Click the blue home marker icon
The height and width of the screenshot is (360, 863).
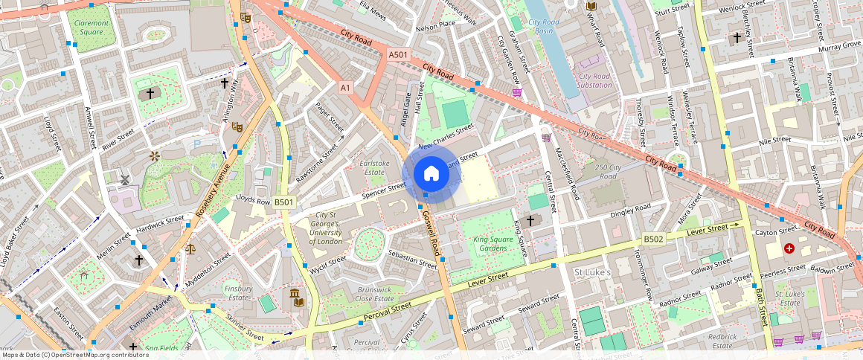click(x=431, y=174)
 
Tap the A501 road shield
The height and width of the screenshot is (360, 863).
click(x=399, y=54)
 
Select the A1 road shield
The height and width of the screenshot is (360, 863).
click(x=344, y=88)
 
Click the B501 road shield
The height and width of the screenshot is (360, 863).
click(x=284, y=202)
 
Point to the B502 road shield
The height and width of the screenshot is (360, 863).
click(x=653, y=239)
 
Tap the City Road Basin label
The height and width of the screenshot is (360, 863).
click(x=545, y=27)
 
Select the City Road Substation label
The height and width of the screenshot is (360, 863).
click(x=595, y=80)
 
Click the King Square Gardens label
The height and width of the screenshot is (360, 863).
click(x=493, y=245)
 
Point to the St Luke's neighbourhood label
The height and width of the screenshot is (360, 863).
click(x=592, y=273)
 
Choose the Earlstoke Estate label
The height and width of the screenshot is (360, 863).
click(x=374, y=167)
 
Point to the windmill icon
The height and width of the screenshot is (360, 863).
click(x=125, y=179)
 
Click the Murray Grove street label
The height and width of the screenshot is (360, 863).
click(x=839, y=46)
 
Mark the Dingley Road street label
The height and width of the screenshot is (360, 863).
click(x=630, y=210)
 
